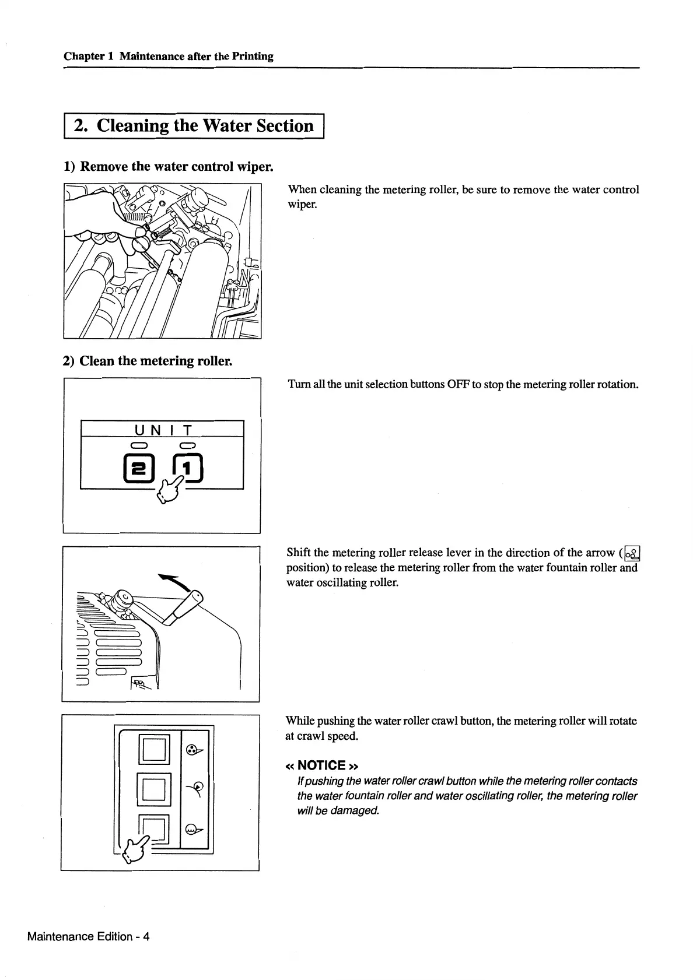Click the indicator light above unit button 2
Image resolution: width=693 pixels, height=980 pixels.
point(138,446)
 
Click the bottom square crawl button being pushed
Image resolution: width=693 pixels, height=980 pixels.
point(155,828)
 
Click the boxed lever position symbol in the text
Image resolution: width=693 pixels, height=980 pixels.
point(632,552)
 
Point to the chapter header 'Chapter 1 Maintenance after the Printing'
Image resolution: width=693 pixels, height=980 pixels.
point(169,56)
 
